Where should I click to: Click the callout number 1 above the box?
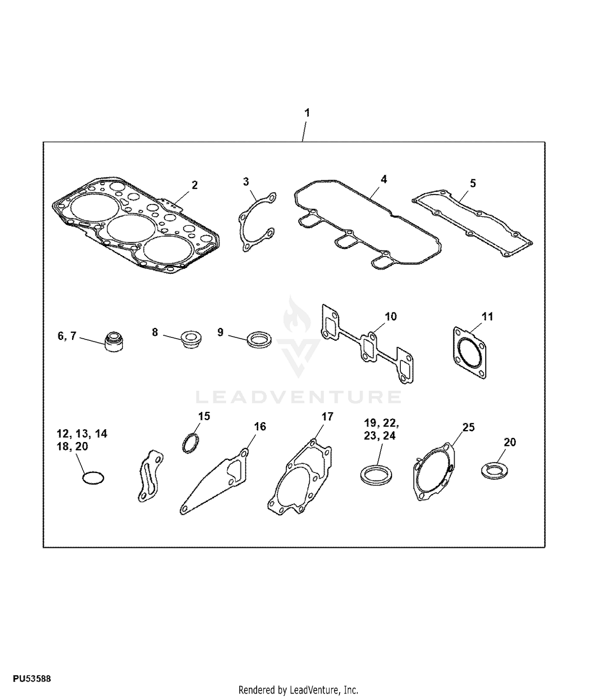click(307, 113)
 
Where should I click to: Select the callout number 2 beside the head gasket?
click(195, 185)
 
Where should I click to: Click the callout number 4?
click(384, 179)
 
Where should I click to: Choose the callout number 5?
click(473, 183)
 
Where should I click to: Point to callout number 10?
click(391, 316)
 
